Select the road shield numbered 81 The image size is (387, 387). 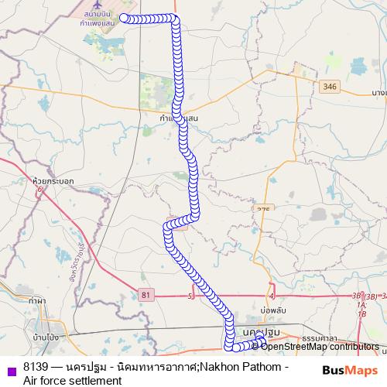(x=146, y=294)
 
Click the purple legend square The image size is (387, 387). (x=11, y=368)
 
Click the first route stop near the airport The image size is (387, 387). (x=123, y=18)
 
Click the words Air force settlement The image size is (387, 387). (x=73, y=380)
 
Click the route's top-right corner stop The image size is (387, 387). (x=176, y=19)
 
